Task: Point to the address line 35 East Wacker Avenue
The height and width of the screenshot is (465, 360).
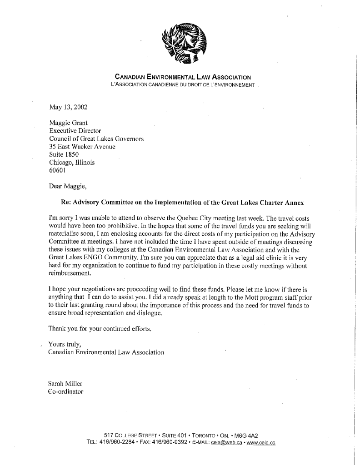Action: coord(82,147)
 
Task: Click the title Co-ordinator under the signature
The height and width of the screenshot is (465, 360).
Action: coord(66,391)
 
